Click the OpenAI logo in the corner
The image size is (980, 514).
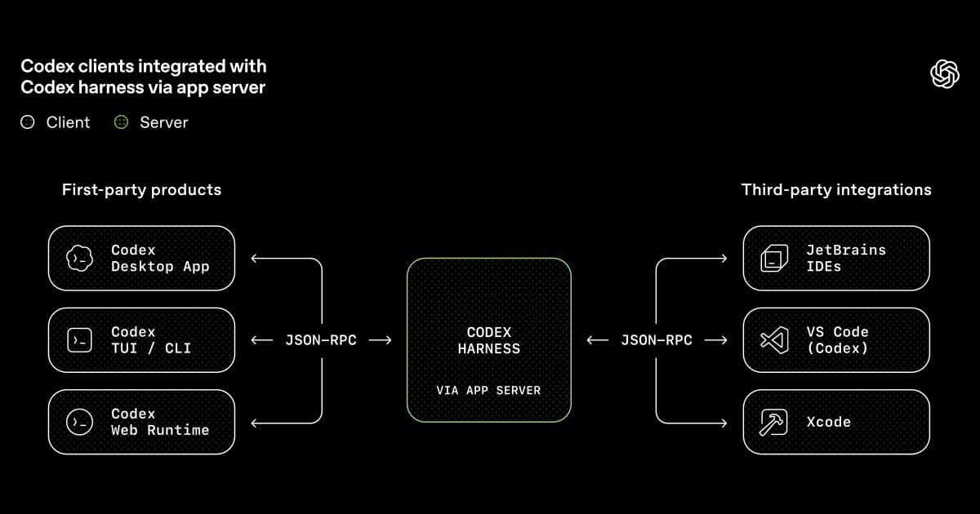pyautogui.click(x=945, y=73)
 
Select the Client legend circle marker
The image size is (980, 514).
pyautogui.click(x=28, y=122)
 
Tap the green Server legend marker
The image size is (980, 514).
pyautogui.click(x=121, y=122)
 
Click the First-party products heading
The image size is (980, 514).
pyautogui.click(x=141, y=189)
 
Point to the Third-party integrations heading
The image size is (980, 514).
pyautogui.click(x=836, y=189)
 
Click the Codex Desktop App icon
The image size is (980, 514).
pyautogui.click(x=79, y=259)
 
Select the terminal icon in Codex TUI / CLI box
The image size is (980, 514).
pyautogui.click(x=79, y=340)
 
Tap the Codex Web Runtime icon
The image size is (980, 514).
pyautogui.click(x=79, y=422)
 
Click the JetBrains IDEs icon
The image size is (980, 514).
pyautogui.click(x=773, y=259)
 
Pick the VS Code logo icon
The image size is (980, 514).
pyautogui.click(x=773, y=340)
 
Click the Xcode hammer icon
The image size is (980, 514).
pyautogui.click(x=773, y=422)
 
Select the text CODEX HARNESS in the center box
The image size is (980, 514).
pyautogui.click(x=488, y=340)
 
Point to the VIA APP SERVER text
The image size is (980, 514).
pyautogui.click(x=488, y=391)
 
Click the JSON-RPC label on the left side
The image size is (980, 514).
pyautogui.click(x=320, y=340)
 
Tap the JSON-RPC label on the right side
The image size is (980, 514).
pyautogui.click(x=656, y=340)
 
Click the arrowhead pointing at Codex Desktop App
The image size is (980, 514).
pyautogui.click(x=254, y=259)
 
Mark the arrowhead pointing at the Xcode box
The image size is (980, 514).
pyautogui.click(x=723, y=423)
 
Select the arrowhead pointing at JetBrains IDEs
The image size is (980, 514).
pyautogui.click(x=723, y=259)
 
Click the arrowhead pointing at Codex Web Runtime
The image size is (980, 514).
pyautogui.click(x=254, y=423)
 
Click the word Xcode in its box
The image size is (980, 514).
pyautogui.click(x=828, y=422)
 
